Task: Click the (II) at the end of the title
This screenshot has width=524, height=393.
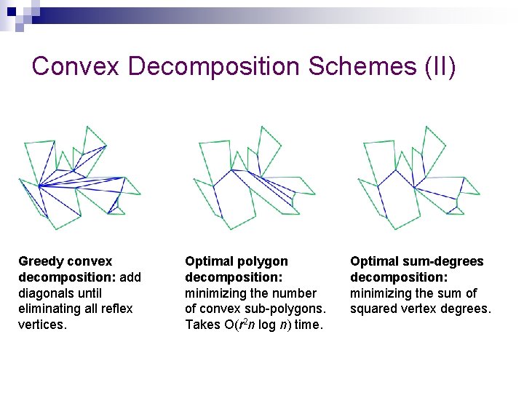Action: [438, 66]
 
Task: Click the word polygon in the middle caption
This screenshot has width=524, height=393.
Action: [261, 261]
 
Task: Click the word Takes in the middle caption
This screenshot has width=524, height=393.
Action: [201, 325]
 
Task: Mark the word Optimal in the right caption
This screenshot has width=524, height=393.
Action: [372, 261]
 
